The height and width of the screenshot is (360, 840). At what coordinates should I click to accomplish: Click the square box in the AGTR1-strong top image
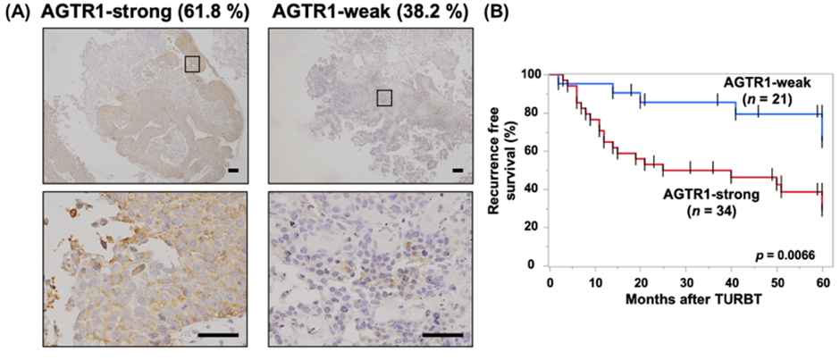click(192, 63)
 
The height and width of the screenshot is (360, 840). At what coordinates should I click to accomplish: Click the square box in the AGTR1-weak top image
click(383, 97)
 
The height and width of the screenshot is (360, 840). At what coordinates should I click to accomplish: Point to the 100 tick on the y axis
click(533, 74)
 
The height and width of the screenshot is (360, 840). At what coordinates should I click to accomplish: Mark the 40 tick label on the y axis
click(535, 188)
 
